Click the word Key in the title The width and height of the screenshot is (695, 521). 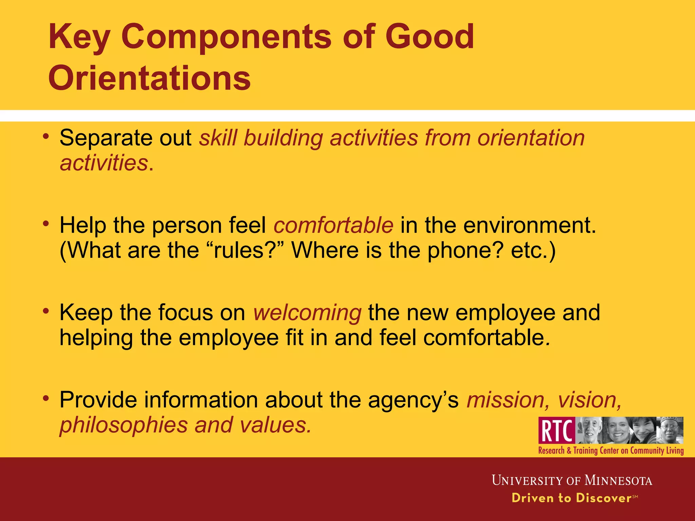pyautogui.click(x=79, y=37)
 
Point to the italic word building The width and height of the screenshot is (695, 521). pyautogui.click(x=283, y=138)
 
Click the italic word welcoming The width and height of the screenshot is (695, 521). pyautogui.click(x=307, y=312)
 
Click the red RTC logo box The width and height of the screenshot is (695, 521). pyautogui.click(x=557, y=430)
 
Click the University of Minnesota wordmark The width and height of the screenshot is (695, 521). pyautogui.click(x=572, y=481)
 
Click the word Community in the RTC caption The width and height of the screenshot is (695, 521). pyautogui.click(x=647, y=451)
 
